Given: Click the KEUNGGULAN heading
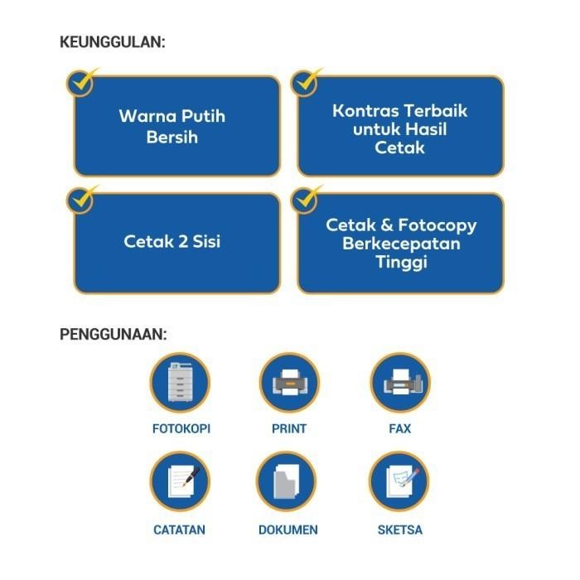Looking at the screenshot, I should point(112,41).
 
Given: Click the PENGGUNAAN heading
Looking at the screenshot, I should point(114,335).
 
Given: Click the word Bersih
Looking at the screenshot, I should point(172,137).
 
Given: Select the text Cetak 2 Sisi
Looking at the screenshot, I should point(172,242).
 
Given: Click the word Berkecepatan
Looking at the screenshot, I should point(401,244).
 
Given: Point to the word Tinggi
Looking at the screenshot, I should point(401,263).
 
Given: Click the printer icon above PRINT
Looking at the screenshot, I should point(288,384).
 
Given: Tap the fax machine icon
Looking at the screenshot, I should point(399,384).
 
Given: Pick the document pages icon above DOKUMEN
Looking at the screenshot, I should point(287,483).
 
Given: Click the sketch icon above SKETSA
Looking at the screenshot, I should point(399,483).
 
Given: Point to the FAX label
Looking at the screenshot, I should point(399,429).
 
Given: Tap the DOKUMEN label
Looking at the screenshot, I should point(288,529).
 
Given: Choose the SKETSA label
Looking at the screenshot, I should point(400,529).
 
